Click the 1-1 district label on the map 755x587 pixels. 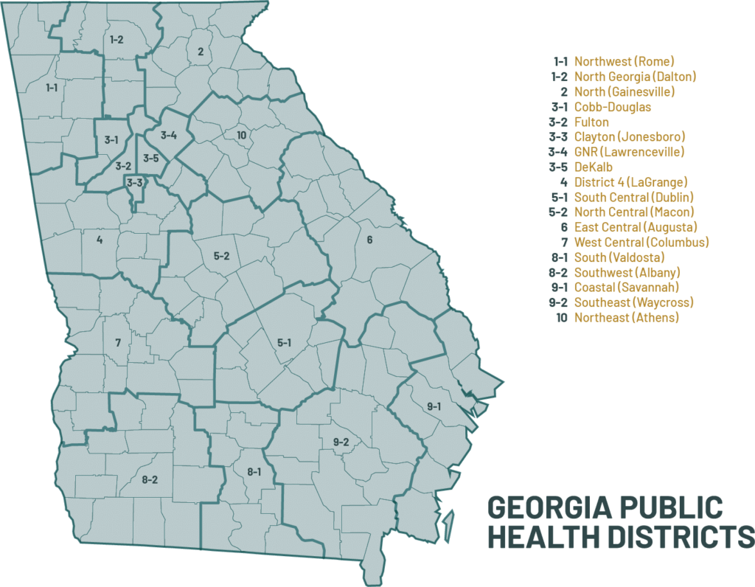click(52, 88)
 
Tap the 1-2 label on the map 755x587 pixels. click(116, 39)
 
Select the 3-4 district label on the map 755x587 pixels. click(169, 135)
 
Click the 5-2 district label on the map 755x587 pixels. click(222, 256)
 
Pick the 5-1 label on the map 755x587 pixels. click(285, 342)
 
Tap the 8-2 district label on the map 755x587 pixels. click(150, 480)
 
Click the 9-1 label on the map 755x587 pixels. click(433, 406)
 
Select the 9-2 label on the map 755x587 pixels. click(341, 442)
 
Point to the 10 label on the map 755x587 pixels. click(241, 135)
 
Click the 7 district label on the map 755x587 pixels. click(117, 343)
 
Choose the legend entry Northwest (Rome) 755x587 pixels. click(624, 61)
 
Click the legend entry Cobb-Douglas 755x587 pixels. click(612, 107)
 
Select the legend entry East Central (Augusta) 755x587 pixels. click(635, 227)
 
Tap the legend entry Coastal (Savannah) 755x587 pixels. click(626, 288)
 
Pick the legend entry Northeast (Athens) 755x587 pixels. click(626, 318)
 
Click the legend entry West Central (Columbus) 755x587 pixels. click(641, 243)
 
